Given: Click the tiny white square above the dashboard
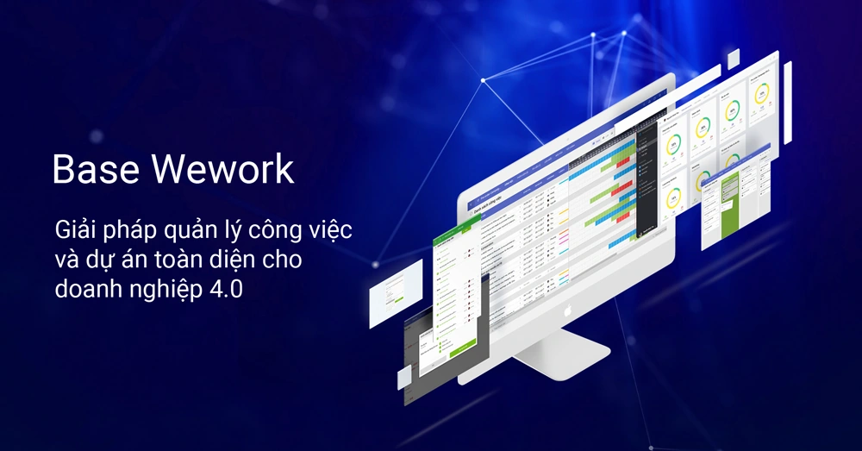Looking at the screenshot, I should [x=733, y=59].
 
